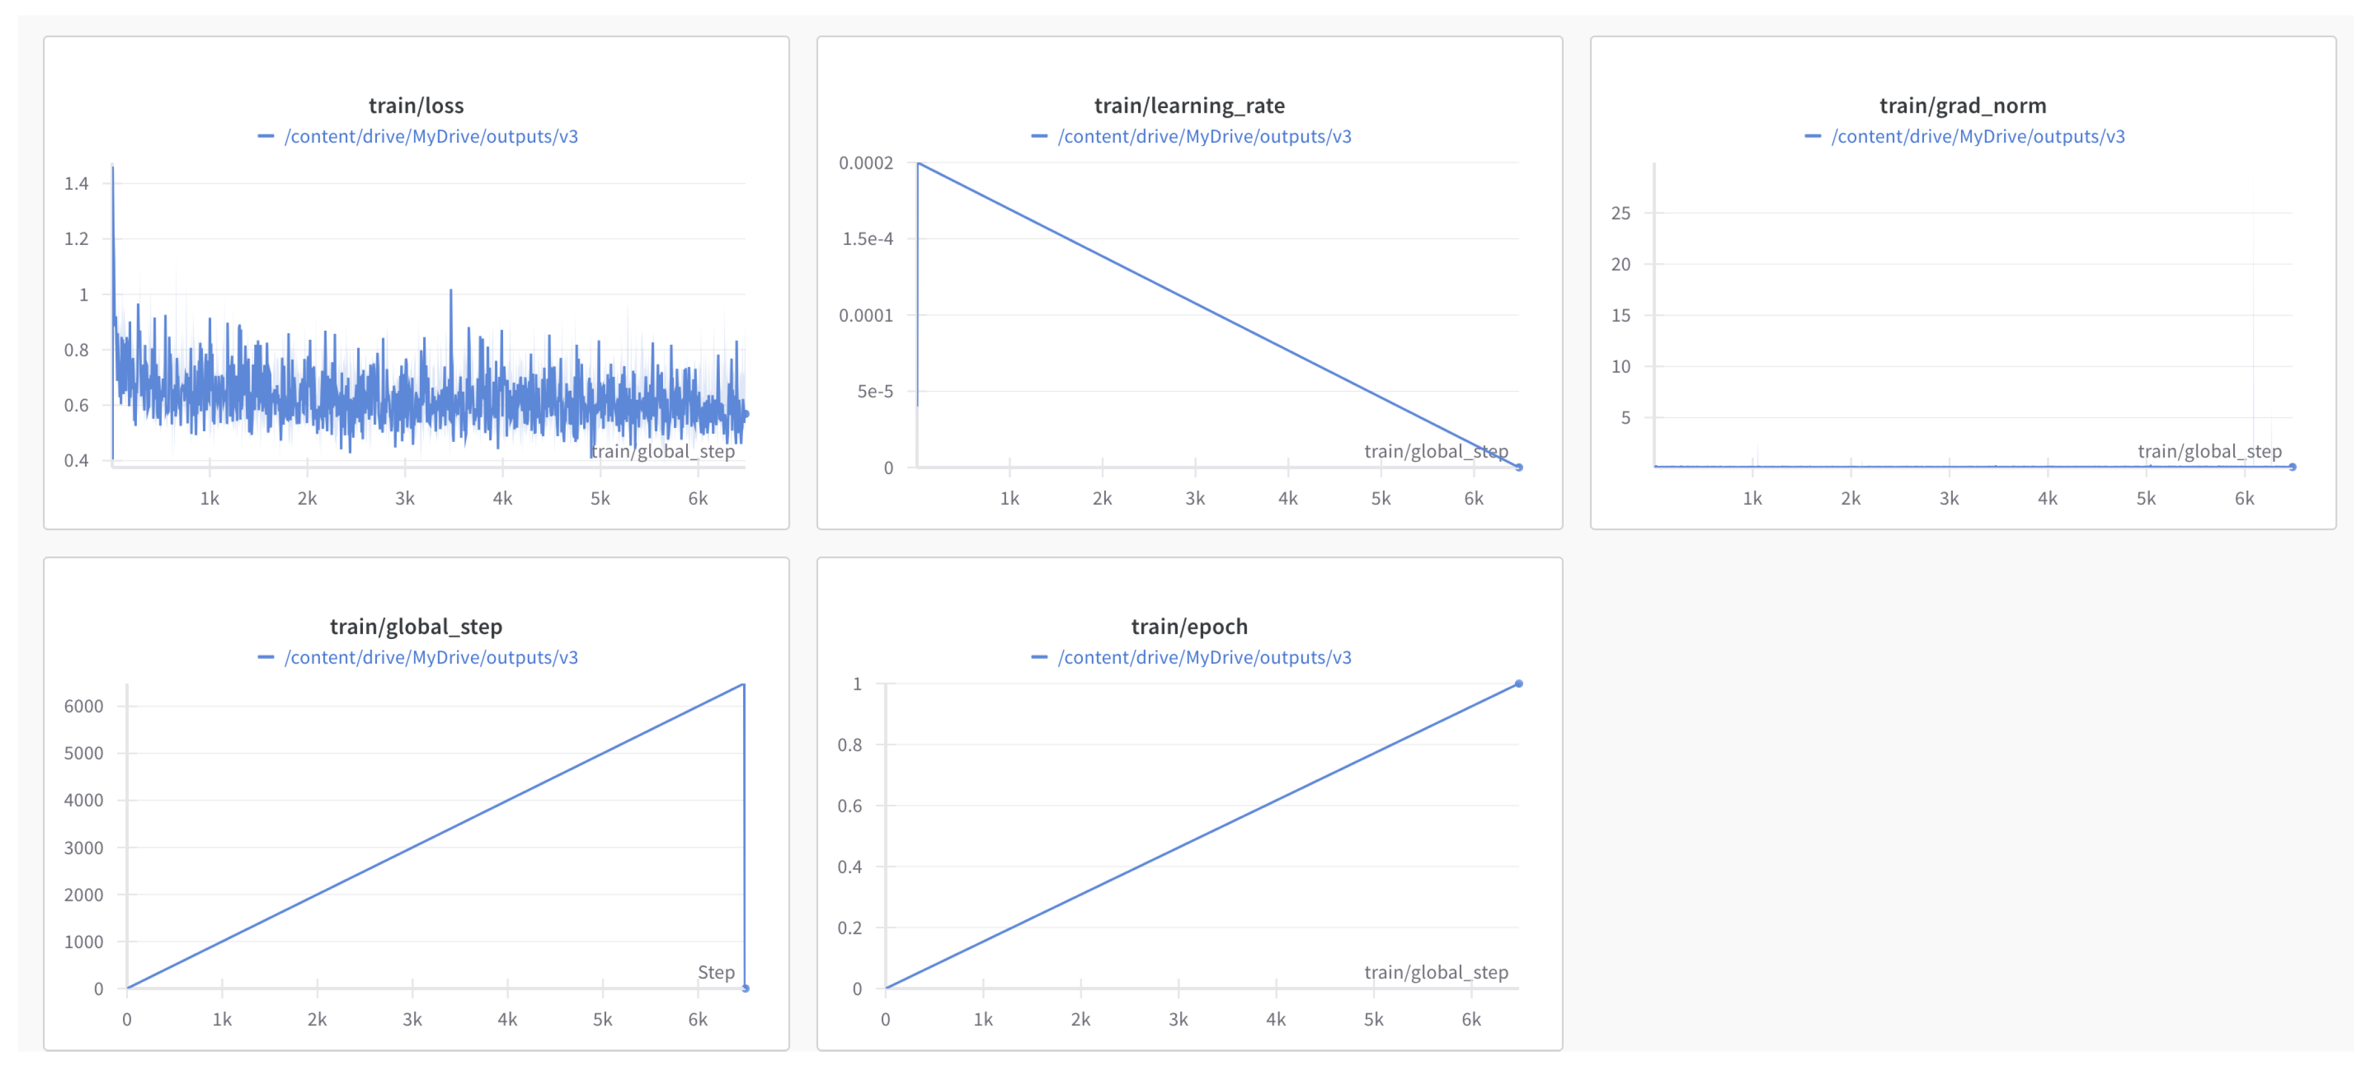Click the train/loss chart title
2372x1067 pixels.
pyautogui.click(x=416, y=106)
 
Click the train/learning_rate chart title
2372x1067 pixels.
pyautogui.click(x=1189, y=106)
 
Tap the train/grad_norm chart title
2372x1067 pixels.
pyautogui.click(x=1962, y=106)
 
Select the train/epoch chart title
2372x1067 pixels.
pyautogui.click(x=1189, y=627)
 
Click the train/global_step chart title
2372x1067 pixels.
pyautogui.click(x=416, y=627)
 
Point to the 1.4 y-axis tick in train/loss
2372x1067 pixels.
pyautogui.click(x=76, y=183)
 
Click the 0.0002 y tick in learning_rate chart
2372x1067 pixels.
pyautogui.click(x=865, y=163)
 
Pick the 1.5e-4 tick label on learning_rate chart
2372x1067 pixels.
pyautogui.click(x=867, y=239)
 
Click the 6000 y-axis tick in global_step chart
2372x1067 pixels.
pyautogui.click(x=84, y=706)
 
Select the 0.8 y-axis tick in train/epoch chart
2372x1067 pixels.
pyautogui.click(x=850, y=745)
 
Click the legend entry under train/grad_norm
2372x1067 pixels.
pyautogui.click(x=1977, y=137)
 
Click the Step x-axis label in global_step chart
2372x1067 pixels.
pyautogui.click(x=716, y=972)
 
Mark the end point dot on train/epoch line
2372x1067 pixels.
pyautogui.click(x=1518, y=684)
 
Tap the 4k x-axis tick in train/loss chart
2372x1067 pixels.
pyautogui.click(x=503, y=499)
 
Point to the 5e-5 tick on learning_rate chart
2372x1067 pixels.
pyautogui.click(x=875, y=391)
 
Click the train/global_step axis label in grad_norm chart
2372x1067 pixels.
pyautogui.click(x=2209, y=451)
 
